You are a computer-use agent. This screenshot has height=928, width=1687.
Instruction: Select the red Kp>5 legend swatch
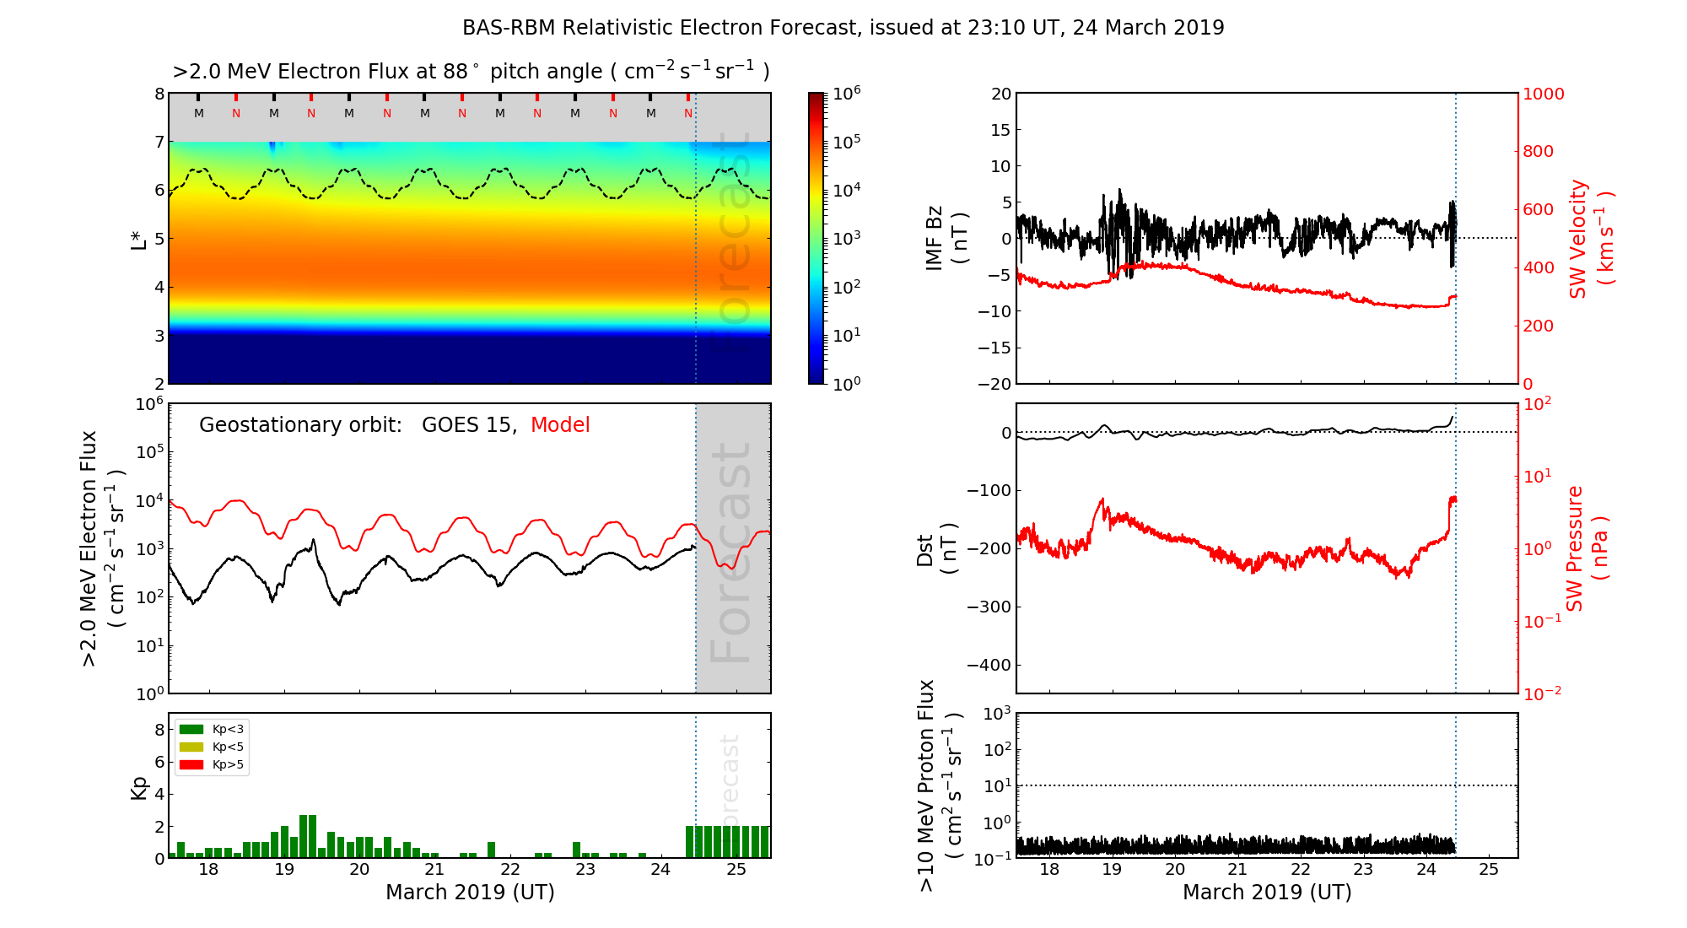pyautogui.click(x=191, y=765)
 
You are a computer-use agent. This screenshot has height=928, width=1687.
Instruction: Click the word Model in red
pyautogui.click(x=560, y=425)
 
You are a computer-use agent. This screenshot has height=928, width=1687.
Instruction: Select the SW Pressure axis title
pyautogui.click(x=1586, y=548)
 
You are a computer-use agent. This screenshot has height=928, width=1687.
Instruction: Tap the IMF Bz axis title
pyautogui.click(x=945, y=239)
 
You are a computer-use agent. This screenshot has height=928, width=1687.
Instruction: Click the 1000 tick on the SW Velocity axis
pyautogui.click(x=1543, y=94)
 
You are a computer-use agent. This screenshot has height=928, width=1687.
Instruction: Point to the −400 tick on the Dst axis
pyautogui.click(x=989, y=665)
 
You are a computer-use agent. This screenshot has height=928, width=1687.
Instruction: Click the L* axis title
pyautogui.click(x=139, y=238)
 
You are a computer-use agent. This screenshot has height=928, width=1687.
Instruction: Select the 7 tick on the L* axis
pyautogui.click(x=159, y=142)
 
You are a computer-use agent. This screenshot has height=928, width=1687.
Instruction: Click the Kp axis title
pyautogui.click(x=139, y=787)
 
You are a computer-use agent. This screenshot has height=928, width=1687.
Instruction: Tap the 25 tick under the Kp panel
pyautogui.click(x=736, y=870)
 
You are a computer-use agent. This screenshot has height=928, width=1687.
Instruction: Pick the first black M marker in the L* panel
pyautogui.click(x=198, y=113)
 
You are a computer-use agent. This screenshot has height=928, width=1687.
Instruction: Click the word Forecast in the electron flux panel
pyautogui.click(x=731, y=553)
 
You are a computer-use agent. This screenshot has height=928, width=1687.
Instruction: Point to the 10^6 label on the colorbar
pyautogui.click(x=846, y=93)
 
